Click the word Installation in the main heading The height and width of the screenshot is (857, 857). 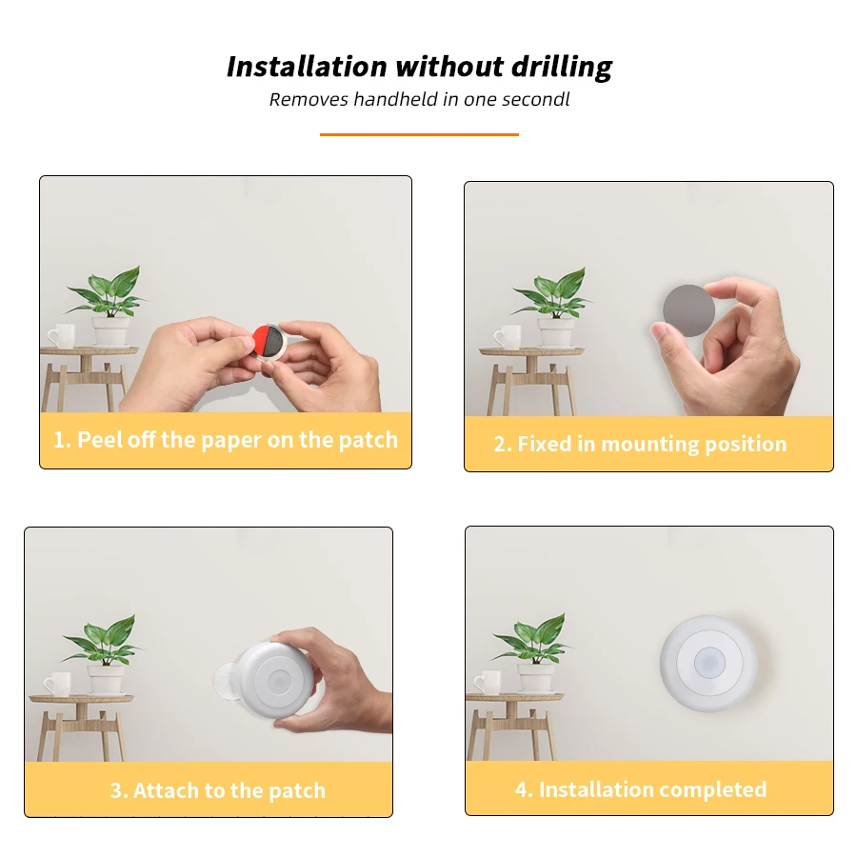307,68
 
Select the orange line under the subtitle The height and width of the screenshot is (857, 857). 419,134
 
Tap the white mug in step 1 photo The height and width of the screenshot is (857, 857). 62,335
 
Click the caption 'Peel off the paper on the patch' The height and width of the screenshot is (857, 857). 226,440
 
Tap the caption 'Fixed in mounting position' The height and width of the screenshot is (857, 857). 640,445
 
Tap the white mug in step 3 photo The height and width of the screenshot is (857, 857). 57,683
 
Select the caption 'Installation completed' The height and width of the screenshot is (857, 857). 641,790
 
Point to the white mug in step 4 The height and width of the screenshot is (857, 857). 488,682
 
